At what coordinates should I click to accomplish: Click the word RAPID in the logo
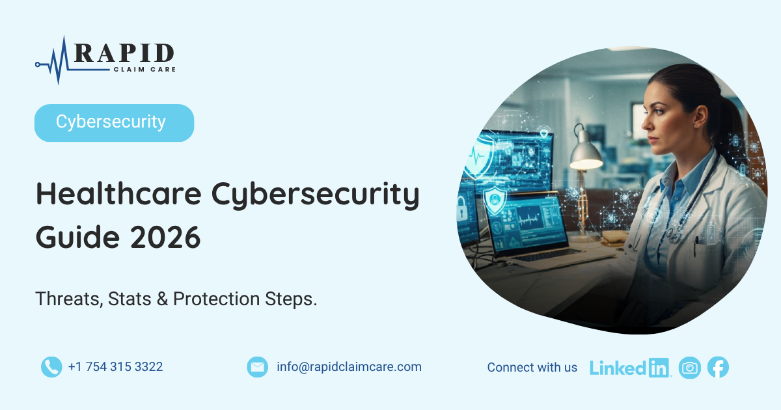click(124, 53)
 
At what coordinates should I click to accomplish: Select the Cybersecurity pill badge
click(114, 123)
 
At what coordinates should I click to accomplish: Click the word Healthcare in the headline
click(119, 193)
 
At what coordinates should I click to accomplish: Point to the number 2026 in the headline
click(165, 237)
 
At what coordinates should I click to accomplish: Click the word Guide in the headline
click(77, 237)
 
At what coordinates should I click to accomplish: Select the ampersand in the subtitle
click(162, 299)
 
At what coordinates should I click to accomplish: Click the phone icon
click(51, 367)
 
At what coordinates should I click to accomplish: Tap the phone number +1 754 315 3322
click(115, 367)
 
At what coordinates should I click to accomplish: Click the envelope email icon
click(257, 367)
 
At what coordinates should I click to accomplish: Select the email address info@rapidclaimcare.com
click(349, 367)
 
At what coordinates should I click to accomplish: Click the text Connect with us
click(532, 367)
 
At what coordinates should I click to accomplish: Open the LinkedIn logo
click(630, 368)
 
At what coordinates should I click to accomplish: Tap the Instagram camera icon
click(690, 368)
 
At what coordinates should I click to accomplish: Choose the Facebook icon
click(718, 367)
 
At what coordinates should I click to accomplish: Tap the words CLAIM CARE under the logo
click(144, 70)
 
